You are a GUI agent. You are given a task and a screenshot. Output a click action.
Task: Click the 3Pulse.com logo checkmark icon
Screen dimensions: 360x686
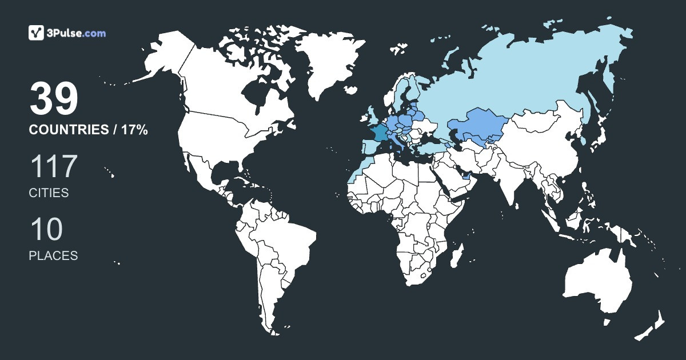[x=37, y=33]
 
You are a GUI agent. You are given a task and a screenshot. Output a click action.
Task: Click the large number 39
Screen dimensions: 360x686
[x=53, y=98]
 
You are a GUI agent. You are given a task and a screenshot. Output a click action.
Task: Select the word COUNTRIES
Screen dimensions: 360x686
[x=69, y=130]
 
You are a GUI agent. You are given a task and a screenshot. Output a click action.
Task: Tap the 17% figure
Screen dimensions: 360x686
[x=134, y=130]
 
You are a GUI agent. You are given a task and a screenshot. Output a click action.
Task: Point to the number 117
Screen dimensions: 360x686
[x=53, y=167]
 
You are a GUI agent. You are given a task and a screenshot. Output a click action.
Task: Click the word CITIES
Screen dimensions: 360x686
[x=49, y=193]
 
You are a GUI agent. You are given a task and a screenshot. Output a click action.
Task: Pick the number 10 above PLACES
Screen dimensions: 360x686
[x=46, y=230]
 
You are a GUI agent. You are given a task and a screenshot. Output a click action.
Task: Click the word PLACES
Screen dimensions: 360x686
[x=53, y=256]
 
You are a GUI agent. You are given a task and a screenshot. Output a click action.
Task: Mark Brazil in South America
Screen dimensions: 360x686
[x=286, y=240]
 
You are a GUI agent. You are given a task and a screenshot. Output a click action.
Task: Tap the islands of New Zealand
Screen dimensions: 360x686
[x=652, y=326]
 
